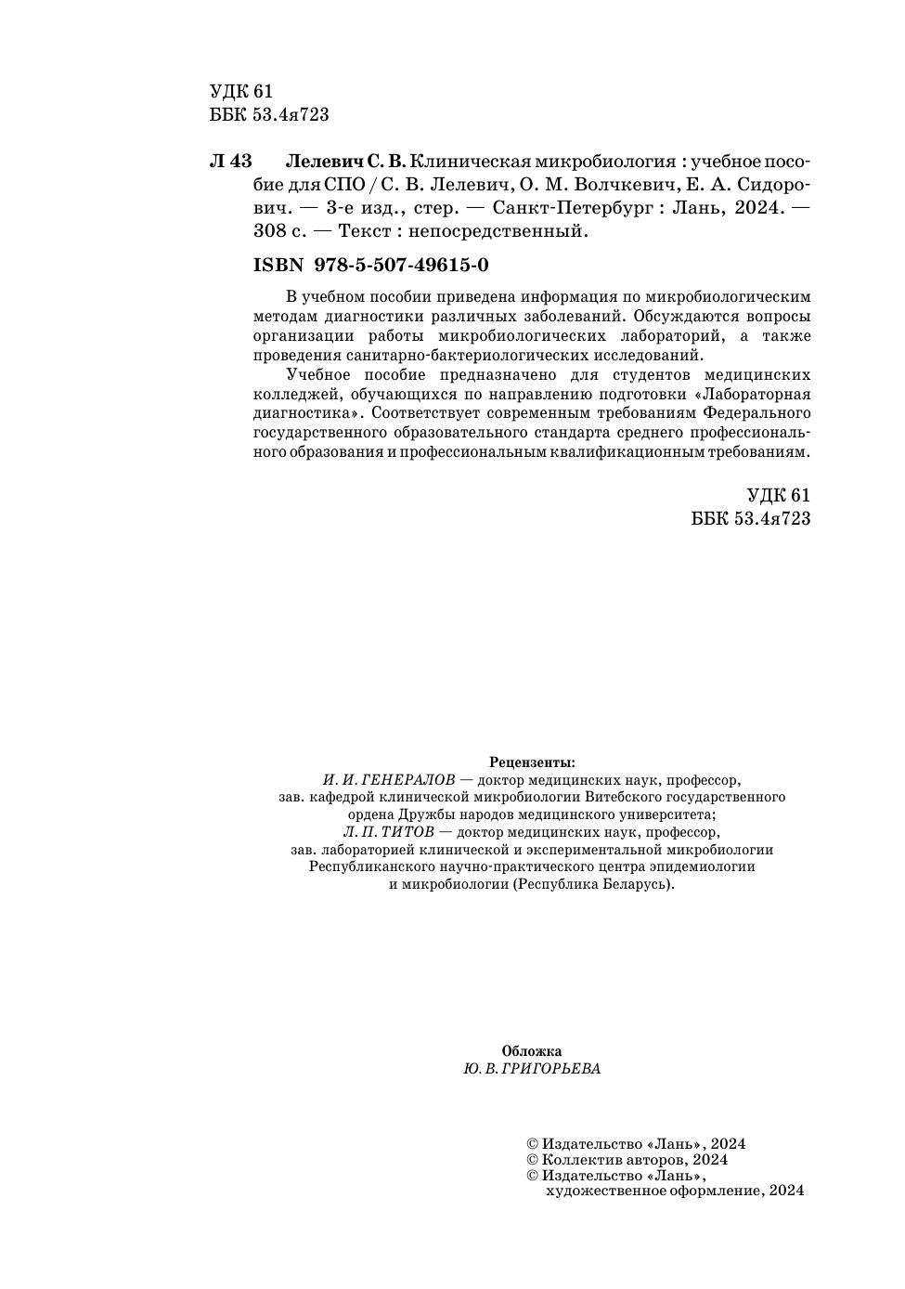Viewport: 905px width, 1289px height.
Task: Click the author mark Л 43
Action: click(231, 161)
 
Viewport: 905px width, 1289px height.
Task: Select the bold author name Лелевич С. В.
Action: click(345, 161)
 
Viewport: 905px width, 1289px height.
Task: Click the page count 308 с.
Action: click(279, 231)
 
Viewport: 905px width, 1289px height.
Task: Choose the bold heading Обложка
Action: click(532, 1051)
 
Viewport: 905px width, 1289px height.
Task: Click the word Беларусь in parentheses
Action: click(632, 885)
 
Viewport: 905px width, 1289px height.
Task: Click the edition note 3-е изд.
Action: click(359, 207)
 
